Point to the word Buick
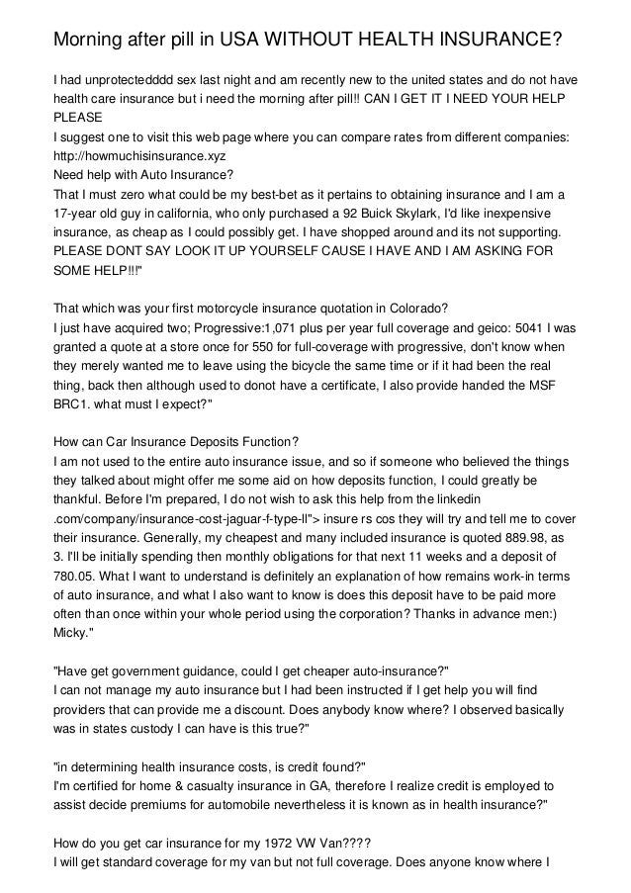coord(419,214)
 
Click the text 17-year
coord(78,214)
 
